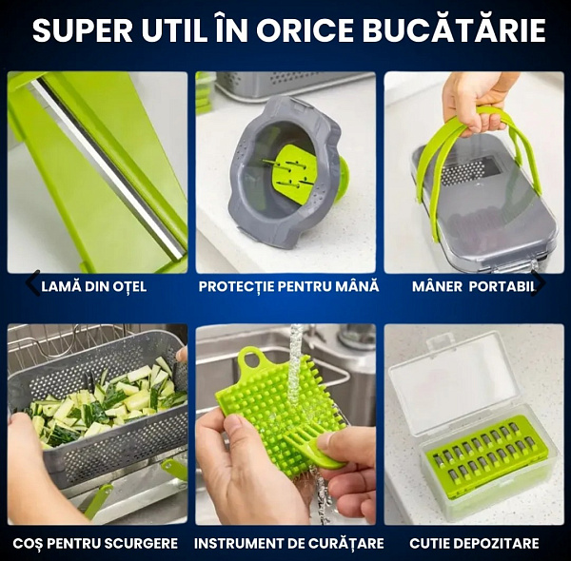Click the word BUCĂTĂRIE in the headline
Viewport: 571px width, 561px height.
tap(454, 29)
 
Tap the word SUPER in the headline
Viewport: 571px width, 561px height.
tap(82, 30)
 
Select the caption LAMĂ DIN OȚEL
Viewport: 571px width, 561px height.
tap(94, 287)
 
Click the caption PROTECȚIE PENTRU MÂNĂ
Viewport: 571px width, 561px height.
tap(288, 286)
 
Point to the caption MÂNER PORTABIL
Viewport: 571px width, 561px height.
tap(474, 287)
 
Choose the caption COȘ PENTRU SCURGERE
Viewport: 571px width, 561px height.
tap(95, 544)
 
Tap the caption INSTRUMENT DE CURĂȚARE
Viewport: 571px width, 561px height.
tap(288, 544)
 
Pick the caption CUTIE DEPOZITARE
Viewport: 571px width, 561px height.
tap(474, 544)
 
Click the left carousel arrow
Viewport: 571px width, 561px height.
tap(32, 282)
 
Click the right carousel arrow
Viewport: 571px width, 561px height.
tap(539, 282)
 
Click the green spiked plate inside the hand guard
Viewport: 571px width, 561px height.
tap(293, 173)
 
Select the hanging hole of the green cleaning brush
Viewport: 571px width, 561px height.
tap(252, 359)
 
